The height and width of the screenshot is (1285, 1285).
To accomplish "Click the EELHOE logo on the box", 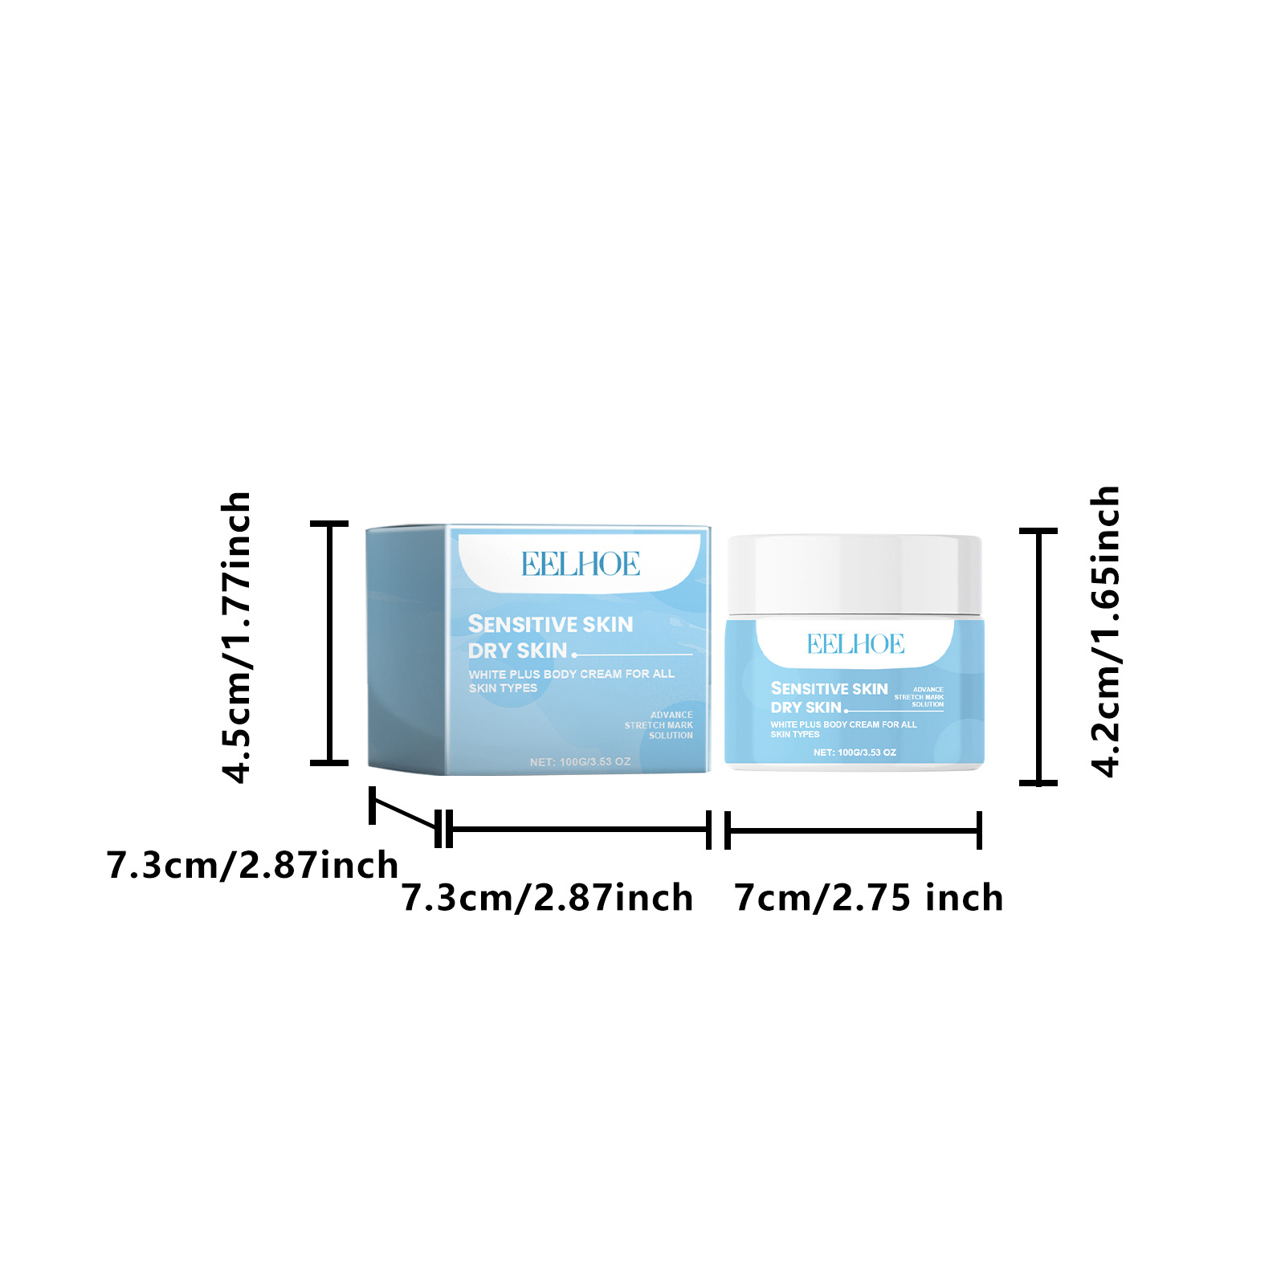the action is coord(581,564).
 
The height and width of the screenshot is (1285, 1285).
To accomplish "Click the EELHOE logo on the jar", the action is coord(855,643).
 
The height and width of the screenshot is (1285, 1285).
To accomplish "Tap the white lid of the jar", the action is coord(854,574).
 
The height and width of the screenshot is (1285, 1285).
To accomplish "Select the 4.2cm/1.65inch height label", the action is coord(1106,631).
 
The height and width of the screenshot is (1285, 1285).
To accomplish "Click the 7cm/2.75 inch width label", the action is coord(869,897).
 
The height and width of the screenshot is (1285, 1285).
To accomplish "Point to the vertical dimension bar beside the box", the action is coord(329,642).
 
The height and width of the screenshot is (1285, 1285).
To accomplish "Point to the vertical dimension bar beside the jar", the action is coord(1039,655).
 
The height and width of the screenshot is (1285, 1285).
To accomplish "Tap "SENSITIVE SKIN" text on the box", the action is coord(550,624).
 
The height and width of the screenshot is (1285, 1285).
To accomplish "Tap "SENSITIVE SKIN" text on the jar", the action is coord(829,688).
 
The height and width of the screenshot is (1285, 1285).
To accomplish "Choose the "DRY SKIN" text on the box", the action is coord(517,651).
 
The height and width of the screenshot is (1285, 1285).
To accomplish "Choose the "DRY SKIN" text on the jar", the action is coord(806,708).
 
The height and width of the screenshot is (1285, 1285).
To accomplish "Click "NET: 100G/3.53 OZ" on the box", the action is coord(580,761).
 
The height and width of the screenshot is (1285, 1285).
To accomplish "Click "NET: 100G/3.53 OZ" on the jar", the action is coord(855,753).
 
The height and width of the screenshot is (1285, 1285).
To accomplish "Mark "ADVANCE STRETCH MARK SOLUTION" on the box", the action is coord(660,725).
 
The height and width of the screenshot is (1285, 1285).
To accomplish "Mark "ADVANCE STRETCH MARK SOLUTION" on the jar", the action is coord(920,697).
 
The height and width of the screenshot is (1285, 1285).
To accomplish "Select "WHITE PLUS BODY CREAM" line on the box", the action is coord(571,674).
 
